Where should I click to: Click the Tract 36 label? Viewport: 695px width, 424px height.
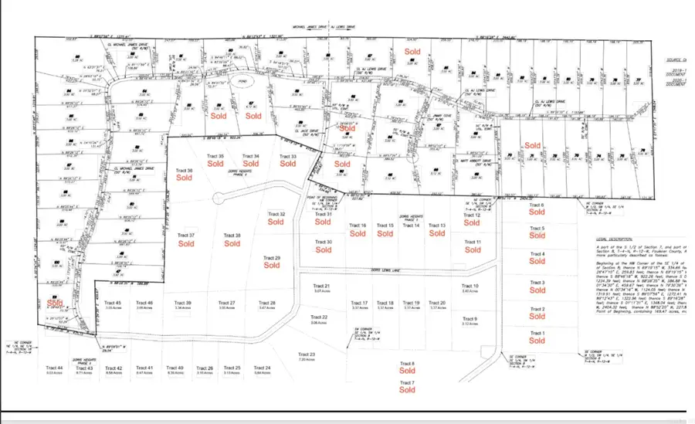(184, 170)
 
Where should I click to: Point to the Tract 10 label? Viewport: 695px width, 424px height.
(470, 286)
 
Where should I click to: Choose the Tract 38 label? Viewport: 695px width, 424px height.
(232, 235)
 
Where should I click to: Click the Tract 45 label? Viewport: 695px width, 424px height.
(114, 303)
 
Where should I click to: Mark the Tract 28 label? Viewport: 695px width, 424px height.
(266, 303)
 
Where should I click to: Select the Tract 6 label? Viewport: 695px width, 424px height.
(537, 205)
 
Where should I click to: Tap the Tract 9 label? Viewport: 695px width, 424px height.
(470, 319)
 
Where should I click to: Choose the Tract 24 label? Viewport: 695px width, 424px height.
(263, 368)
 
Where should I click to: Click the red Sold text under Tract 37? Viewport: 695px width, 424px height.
(186, 243)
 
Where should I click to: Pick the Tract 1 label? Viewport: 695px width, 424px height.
(537, 333)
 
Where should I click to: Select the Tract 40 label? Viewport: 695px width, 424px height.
(175, 368)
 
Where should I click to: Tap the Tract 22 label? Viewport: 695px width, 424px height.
(319, 317)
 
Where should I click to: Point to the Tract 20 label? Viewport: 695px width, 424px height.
(437, 303)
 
